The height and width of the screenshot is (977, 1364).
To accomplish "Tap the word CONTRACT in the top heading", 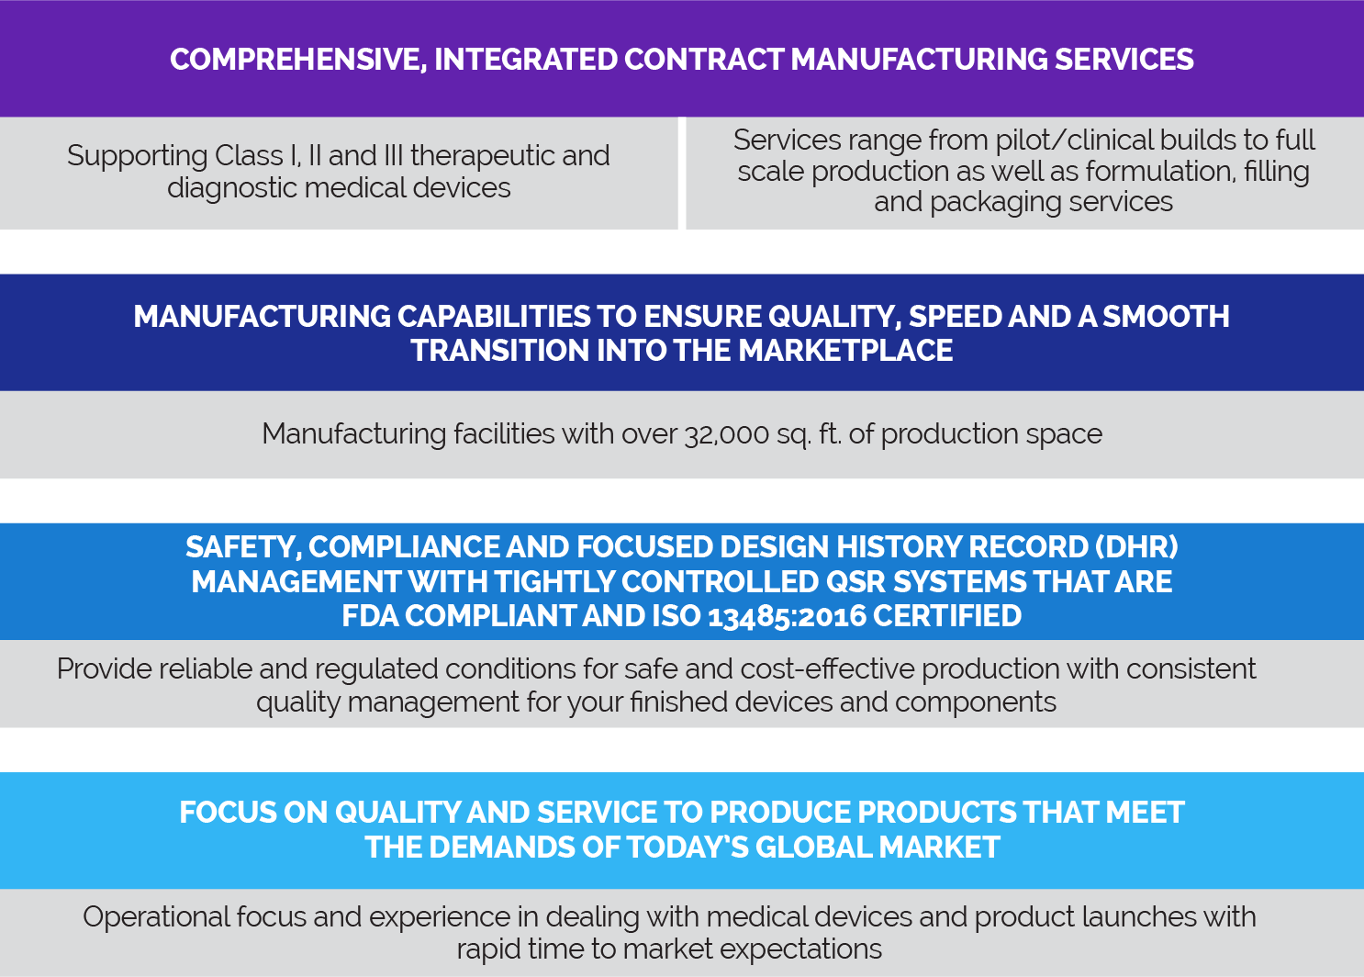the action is point(703,59).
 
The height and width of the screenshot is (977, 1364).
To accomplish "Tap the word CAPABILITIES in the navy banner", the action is point(494,317).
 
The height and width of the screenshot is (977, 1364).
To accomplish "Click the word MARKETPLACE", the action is point(845,351).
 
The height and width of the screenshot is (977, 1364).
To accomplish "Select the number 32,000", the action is point(726,435).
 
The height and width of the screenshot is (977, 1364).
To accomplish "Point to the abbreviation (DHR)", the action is point(1136,547).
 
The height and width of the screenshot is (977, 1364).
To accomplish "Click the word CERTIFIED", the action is point(947,616).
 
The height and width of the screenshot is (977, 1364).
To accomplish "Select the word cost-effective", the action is point(827,668).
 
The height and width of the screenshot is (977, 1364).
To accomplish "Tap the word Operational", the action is point(155,917).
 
